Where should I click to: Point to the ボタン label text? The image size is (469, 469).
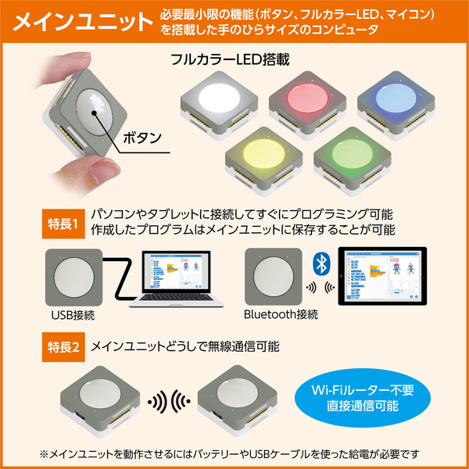(x=140, y=138)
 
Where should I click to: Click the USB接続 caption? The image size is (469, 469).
(x=73, y=314)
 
